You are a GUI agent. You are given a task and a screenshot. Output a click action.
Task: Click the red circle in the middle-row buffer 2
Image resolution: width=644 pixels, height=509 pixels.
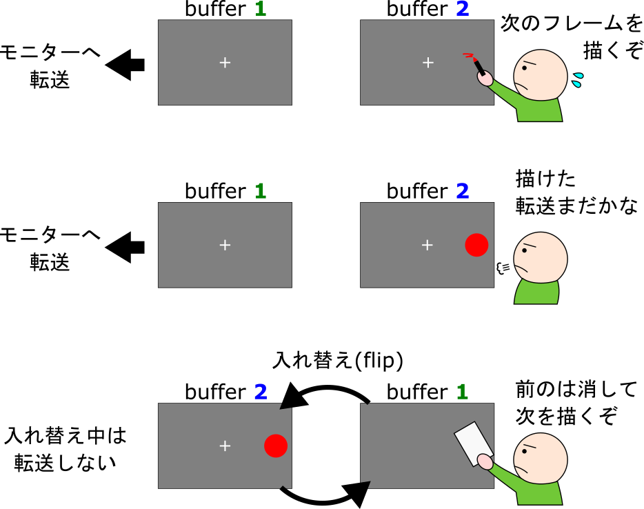pos(476,245)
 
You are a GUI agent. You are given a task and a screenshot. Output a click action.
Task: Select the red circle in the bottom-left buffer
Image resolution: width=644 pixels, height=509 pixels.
pos(275,446)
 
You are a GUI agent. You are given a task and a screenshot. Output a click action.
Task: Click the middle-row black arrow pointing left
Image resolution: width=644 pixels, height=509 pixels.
pos(125,246)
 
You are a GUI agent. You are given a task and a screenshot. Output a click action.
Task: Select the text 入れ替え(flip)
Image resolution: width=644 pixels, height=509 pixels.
pos(338,361)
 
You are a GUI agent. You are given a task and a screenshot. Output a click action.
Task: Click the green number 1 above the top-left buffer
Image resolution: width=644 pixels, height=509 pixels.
pos(260,10)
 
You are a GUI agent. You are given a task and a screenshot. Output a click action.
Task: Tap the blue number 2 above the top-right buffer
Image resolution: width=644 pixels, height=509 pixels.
pos(462,10)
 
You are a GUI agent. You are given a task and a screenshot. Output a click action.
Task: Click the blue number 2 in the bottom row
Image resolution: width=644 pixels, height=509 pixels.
pos(260,393)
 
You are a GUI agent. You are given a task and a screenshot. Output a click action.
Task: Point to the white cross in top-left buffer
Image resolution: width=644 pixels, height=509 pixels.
pos(224,63)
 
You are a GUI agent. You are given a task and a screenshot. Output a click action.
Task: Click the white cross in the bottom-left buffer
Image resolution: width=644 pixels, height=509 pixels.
pos(224,446)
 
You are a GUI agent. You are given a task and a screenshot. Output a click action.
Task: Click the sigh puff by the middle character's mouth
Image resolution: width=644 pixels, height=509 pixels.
pos(502,267)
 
